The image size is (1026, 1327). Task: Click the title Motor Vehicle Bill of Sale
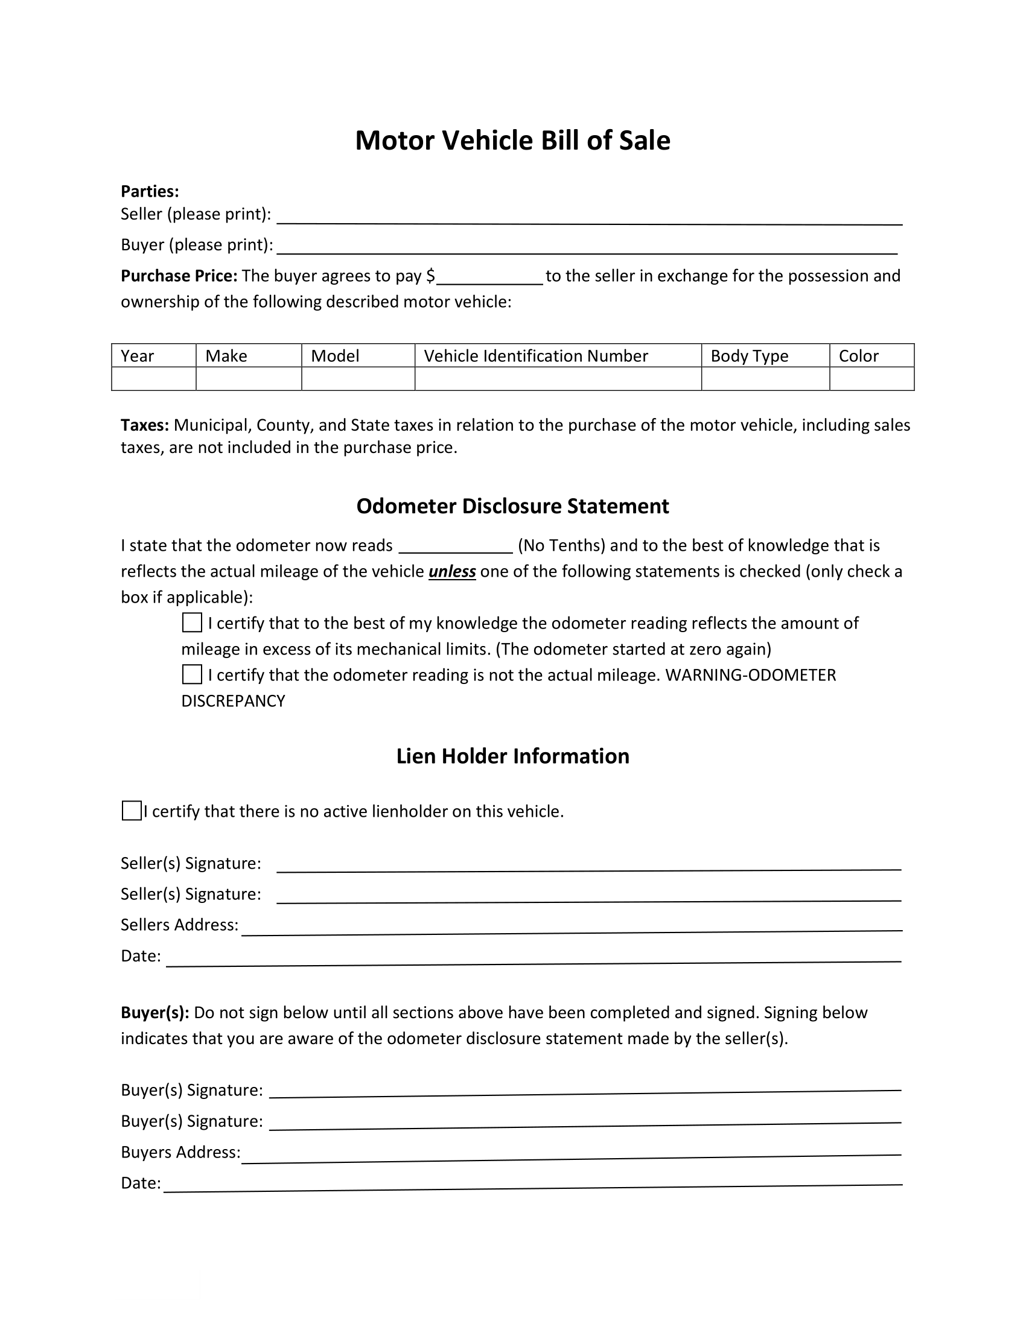click(x=512, y=141)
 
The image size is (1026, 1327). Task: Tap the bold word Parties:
click(x=150, y=191)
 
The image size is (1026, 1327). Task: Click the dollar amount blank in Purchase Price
click(x=489, y=278)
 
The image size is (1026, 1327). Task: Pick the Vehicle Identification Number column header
click(x=535, y=356)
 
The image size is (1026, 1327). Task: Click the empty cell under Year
click(x=153, y=379)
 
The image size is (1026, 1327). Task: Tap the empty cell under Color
click(x=871, y=379)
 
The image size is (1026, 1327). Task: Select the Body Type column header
click(x=749, y=356)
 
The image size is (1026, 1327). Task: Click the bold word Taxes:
click(x=145, y=425)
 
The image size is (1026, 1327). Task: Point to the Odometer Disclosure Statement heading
click(x=512, y=506)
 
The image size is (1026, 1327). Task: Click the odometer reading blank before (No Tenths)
click(x=455, y=548)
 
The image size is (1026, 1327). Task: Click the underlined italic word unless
click(x=451, y=572)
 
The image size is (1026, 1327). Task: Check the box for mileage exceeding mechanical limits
click(x=192, y=623)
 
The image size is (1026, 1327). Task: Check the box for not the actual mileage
click(x=192, y=674)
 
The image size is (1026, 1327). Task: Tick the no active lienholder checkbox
click(x=132, y=811)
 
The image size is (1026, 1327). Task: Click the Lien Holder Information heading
click(x=512, y=756)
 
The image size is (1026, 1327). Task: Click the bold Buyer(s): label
click(x=155, y=1013)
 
